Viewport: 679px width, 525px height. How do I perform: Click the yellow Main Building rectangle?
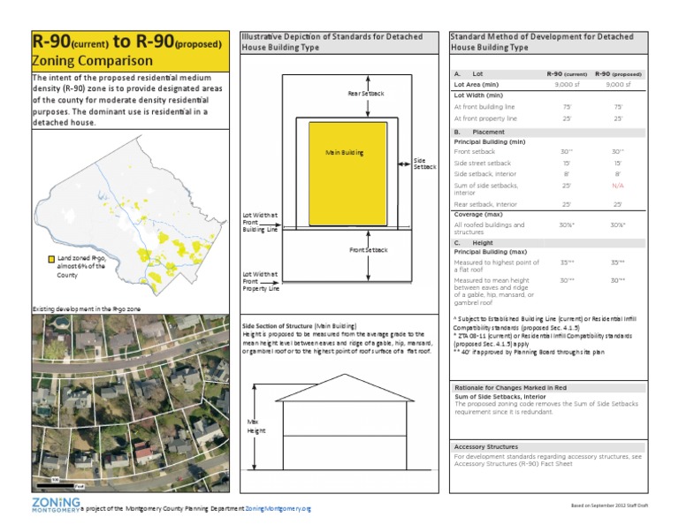(347, 172)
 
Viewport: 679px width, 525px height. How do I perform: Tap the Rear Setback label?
(366, 93)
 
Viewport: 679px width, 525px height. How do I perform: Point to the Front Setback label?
(368, 250)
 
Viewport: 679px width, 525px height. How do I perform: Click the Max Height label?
(256, 427)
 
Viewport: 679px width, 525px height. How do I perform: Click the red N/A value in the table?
(618, 186)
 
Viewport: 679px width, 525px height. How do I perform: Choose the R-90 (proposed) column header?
(618, 74)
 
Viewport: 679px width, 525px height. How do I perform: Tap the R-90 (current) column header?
(567, 74)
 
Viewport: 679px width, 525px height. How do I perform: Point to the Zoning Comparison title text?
(92, 61)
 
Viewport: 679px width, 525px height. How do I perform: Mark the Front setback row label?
(476, 152)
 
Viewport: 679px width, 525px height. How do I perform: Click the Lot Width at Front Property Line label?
(261, 282)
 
